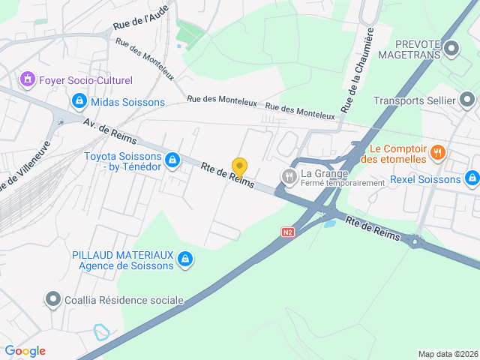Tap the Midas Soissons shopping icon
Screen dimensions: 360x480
click(79, 100)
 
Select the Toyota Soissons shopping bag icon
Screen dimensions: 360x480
click(172, 160)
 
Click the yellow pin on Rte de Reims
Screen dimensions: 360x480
click(239, 167)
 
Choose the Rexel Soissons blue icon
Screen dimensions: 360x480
click(472, 179)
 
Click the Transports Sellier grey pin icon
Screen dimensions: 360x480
click(467, 100)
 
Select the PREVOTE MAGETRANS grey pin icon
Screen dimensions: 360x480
click(451, 50)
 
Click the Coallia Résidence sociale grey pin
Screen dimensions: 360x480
click(52, 300)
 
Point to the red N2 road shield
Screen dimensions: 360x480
click(288, 232)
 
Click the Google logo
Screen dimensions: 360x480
click(25, 351)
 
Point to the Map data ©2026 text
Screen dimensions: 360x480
click(447, 354)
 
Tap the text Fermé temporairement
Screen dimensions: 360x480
click(340, 183)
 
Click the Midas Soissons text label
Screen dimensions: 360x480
click(127, 101)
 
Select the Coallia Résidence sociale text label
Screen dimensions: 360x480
click(124, 300)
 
